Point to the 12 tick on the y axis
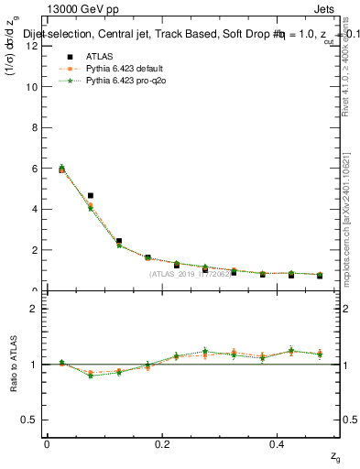(32, 46)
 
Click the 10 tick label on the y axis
(32, 87)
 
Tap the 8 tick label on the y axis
(35, 127)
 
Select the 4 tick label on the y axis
(35, 209)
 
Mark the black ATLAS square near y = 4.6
(91, 195)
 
